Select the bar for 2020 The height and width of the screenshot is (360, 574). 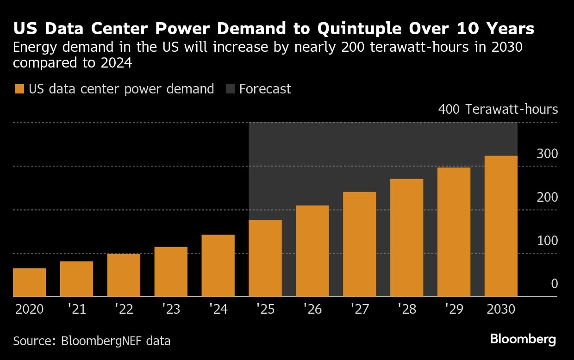click(29, 282)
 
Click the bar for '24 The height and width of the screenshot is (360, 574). click(218, 266)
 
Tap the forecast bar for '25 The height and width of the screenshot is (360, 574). click(265, 258)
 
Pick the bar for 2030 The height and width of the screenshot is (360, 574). click(501, 226)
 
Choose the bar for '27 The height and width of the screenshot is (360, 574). click(359, 244)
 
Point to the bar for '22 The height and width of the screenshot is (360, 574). click(124, 275)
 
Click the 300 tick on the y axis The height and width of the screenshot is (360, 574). click(547, 154)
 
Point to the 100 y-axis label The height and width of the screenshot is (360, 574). click(547, 241)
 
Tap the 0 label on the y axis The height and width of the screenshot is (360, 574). click(554, 284)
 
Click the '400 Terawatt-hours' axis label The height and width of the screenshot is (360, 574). click(498, 110)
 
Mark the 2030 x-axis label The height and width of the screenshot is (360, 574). click(501, 309)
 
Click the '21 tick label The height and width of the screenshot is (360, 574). click(76, 309)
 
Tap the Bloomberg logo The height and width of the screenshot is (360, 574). click(523, 339)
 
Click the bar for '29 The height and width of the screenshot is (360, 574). click(454, 232)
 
